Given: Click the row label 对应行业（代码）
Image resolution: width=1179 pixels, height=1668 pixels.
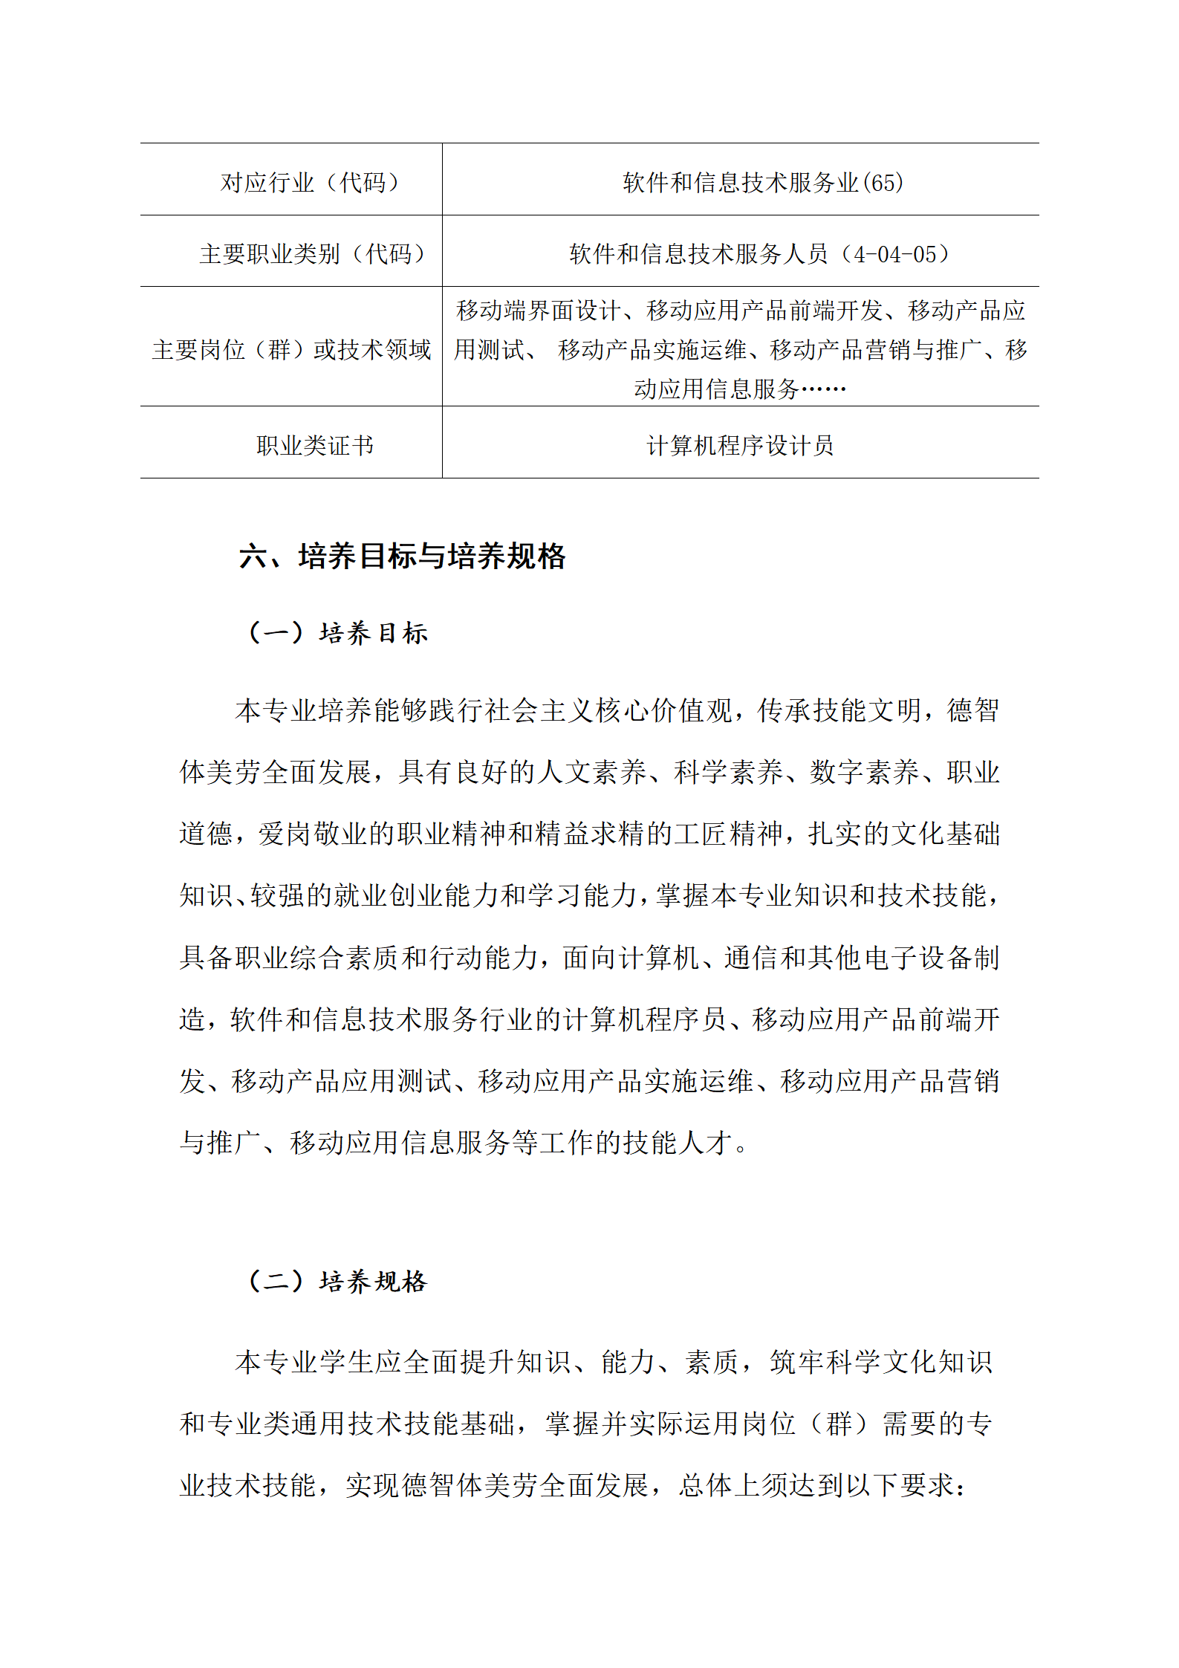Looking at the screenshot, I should [311, 182].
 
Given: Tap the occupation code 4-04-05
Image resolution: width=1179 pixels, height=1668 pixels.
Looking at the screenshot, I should [894, 254].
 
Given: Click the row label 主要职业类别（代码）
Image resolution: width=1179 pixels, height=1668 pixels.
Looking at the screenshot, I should [313, 254].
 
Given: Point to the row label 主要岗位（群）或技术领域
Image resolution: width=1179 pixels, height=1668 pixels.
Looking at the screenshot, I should [291, 349].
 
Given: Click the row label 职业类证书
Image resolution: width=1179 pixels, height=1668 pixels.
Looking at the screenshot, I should [315, 445].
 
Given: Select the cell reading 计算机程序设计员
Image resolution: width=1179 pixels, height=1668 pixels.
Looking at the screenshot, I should [740, 445].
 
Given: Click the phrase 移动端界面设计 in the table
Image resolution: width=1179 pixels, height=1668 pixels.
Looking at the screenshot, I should [538, 311].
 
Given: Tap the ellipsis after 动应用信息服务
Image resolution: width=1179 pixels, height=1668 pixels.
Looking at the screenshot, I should [822, 389].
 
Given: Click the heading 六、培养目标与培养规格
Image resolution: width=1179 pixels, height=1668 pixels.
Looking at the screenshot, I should [402, 556].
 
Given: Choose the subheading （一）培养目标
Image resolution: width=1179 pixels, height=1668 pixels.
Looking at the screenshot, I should [338, 633].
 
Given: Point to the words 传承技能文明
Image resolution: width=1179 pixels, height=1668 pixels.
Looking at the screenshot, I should [839, 710].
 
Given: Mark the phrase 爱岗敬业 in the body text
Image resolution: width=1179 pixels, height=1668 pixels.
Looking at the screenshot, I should [313, 834].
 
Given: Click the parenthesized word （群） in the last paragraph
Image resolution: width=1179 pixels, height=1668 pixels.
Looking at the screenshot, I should [839, 1424].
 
